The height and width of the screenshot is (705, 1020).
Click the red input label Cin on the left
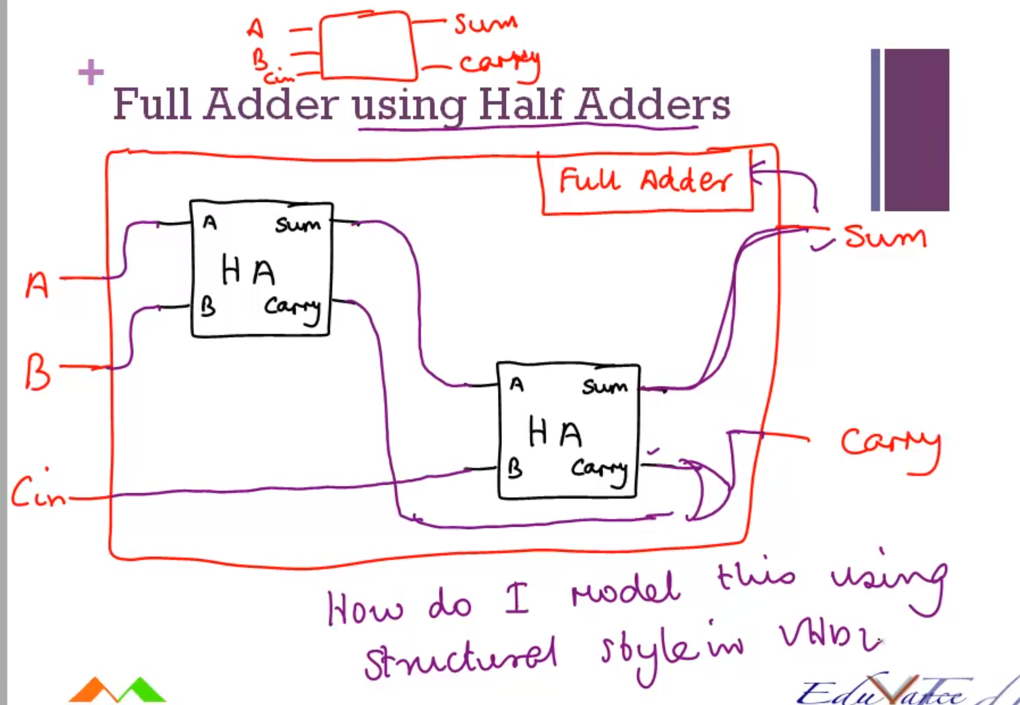pyautogui.click(x=37, y=491)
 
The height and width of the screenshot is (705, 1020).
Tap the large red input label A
pyautogui.click(x=37, y=285)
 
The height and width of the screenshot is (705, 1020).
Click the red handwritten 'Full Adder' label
pyautogui.click(x=645, y=181)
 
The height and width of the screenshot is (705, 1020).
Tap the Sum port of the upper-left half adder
pyautogui.click(x=298, y=225)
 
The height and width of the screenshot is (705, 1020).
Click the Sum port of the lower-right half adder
pyautogui.click(x=605, y=388)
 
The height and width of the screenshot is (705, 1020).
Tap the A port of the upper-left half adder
pyautogui.click(x=210, y=223)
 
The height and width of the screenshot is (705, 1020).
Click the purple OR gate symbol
pyautogui.click(x=707, y=490)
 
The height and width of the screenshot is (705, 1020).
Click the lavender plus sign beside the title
pyautogui.click(x=91, y=72)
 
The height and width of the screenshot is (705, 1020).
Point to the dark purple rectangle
pyautogui.click(x=917, y=130)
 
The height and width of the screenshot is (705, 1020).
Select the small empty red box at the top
pyautogui.click(x=368, y=46)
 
